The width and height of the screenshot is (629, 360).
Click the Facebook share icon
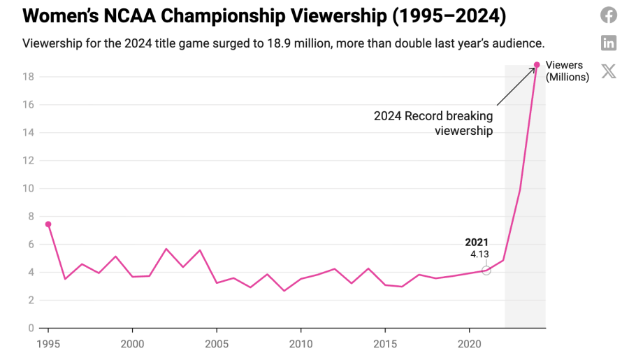coord(609,15)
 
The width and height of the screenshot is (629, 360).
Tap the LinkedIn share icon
coord(609,43)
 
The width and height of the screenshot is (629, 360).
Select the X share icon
coord(609,71)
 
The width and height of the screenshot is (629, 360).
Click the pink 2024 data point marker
coord(537,64)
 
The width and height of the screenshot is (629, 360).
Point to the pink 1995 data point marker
coord(48,224)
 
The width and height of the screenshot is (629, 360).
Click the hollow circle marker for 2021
coord(486,271)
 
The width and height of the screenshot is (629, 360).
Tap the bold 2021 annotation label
coord(477,243)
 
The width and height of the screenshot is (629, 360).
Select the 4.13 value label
coord(479,254)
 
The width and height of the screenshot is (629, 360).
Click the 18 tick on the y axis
coord(28,77)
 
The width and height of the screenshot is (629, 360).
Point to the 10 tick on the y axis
coord(28,188)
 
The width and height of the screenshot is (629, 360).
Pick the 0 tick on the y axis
coord(31,329)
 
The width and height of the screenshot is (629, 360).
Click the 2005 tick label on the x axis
coord(217,344)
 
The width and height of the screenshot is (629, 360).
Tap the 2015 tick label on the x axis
coord(385,344)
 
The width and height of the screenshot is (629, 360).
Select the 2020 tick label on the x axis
coord(470,344)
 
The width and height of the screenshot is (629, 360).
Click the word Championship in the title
coord(224,16)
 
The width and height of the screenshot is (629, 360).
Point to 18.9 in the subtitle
coord(279,43)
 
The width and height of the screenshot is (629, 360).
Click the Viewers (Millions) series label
coord(567,71)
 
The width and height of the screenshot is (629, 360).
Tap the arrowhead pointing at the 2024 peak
coord(533,69)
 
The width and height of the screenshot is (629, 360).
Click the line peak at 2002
coord(166,249)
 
